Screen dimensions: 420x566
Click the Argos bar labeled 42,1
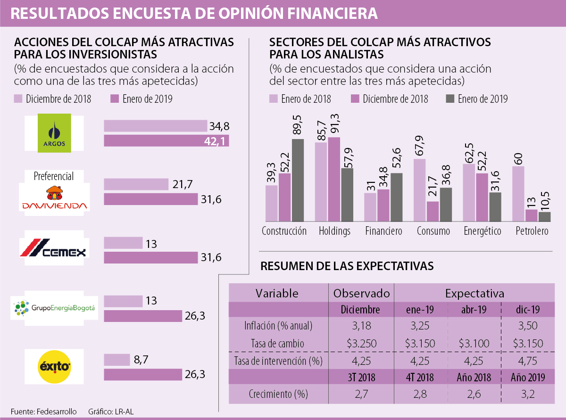pos(166,141)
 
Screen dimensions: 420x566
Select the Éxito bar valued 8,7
pos(117,360)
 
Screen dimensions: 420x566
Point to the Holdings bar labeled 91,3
pos(334,180)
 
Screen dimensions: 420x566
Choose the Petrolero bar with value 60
pos(518,194)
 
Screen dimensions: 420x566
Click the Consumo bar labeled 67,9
pos(420,190)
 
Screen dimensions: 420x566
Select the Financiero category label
pos(383,231)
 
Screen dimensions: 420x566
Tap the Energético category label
pos(482,231)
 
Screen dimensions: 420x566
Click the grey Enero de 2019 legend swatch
pos(450,99)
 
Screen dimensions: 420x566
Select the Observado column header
pos(361,293)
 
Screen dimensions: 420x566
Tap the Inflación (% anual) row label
pos(278,326)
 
